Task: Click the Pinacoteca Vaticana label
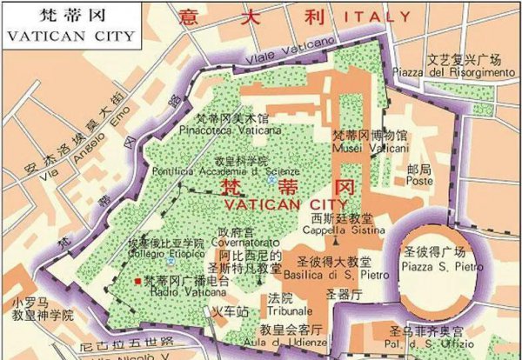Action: coord(220,129)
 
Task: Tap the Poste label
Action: coord(418,182)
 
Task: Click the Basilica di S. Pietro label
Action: coord(334,274)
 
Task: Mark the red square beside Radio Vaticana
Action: coord(137,281)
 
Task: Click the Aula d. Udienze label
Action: coord(288,342)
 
